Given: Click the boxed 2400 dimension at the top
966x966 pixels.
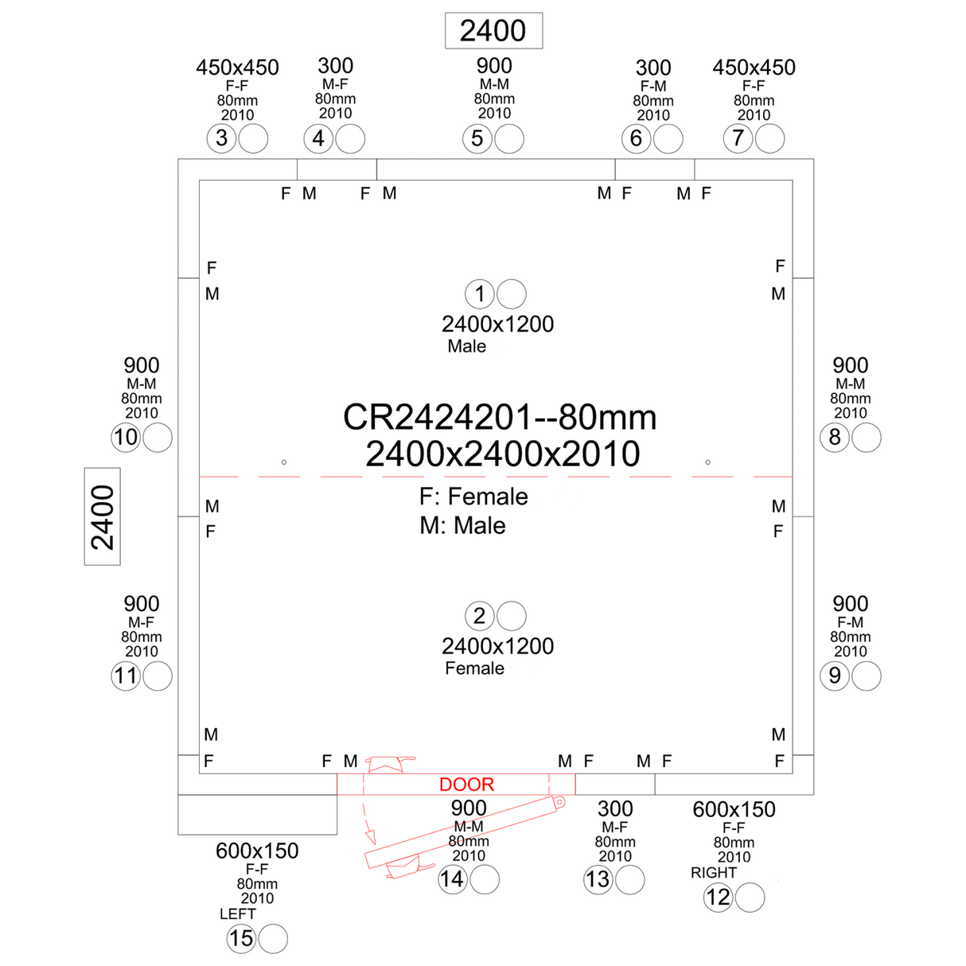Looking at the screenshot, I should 493,31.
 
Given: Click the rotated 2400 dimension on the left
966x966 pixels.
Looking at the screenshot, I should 103,516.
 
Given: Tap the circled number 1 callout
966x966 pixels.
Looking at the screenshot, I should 480,294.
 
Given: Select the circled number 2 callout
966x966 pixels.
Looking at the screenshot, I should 480,616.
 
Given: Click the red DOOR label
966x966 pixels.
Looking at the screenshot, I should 467,785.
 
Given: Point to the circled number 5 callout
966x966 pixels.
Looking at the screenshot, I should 477,138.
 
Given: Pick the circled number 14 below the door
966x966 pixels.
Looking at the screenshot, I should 453,879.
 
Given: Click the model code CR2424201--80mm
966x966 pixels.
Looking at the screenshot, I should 500,417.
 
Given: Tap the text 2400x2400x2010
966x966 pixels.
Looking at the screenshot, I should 503,454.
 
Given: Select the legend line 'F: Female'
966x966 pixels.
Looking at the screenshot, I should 473,497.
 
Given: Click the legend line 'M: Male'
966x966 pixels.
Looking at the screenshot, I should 463,525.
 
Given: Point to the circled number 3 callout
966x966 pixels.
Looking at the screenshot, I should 222,138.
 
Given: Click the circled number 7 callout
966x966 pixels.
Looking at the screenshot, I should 738,138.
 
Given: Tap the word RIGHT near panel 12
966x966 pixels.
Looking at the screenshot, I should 714,873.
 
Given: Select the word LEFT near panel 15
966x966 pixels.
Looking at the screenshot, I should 238,914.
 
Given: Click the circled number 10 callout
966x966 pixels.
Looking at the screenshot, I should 126,437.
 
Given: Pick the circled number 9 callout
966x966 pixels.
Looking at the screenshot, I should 835,676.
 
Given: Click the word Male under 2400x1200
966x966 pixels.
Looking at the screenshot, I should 467,346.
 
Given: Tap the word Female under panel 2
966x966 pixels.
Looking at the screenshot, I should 475,668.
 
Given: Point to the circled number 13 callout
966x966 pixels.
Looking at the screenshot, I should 598,879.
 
